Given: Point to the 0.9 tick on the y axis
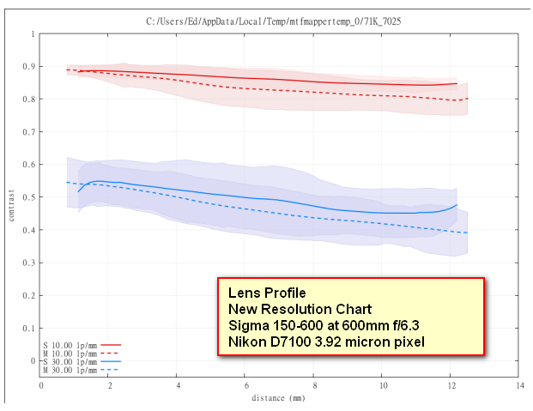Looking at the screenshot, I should pyautogui.click(x=32, y=67).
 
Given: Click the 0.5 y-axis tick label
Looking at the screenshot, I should pyautogui.click(x=32, y=197).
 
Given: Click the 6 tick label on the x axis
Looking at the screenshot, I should pyautogui.click(x=246, y=387).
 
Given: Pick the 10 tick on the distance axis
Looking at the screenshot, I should pyautogui.click(x=383, y=387).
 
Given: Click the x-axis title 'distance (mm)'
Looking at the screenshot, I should pyautogui.click(x=279, y=399).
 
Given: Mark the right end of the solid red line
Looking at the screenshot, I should pyautogui.click(x=457, y=83).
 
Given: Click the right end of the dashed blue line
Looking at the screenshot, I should pyautogui.click(x=467, y=233).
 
